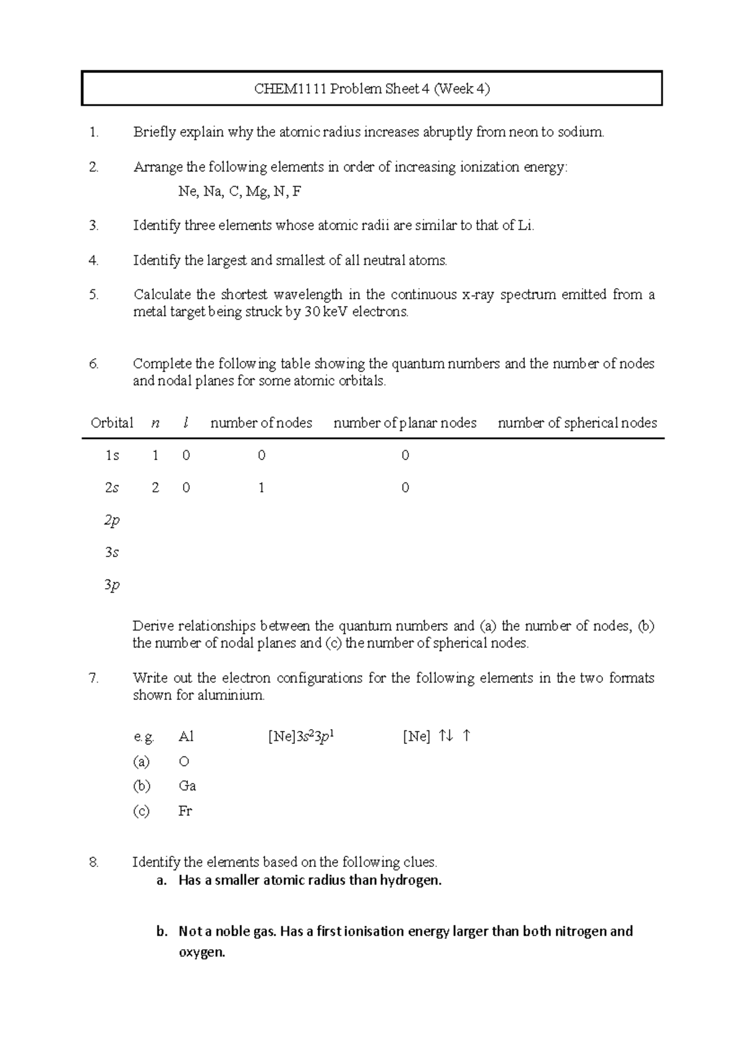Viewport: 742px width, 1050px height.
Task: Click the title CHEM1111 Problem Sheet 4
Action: coord(372,89)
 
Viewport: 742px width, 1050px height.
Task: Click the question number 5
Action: coord(93,295)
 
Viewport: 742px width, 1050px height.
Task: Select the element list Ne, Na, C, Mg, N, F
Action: coord(239,192)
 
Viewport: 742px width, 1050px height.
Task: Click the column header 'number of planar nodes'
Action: coord(405,423)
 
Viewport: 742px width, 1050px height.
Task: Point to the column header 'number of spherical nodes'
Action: coord(577,423)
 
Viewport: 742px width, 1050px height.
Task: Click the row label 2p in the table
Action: coord(112,521)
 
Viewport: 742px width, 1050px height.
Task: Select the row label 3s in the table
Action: coord(112,552)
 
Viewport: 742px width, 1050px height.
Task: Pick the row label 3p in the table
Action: coord(112,585)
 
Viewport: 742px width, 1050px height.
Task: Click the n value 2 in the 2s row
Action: coord(155,488)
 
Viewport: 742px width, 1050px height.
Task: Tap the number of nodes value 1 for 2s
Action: coord(262,488)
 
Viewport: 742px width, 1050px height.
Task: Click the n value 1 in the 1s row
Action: coord(155,456)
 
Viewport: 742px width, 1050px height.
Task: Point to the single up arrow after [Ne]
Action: coord(466,735)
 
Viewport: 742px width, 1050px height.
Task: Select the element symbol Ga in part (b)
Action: coord(187,786)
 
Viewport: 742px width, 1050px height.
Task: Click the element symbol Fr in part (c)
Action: coord(185,811)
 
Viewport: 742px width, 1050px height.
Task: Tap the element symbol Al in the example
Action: coord(185,736)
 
